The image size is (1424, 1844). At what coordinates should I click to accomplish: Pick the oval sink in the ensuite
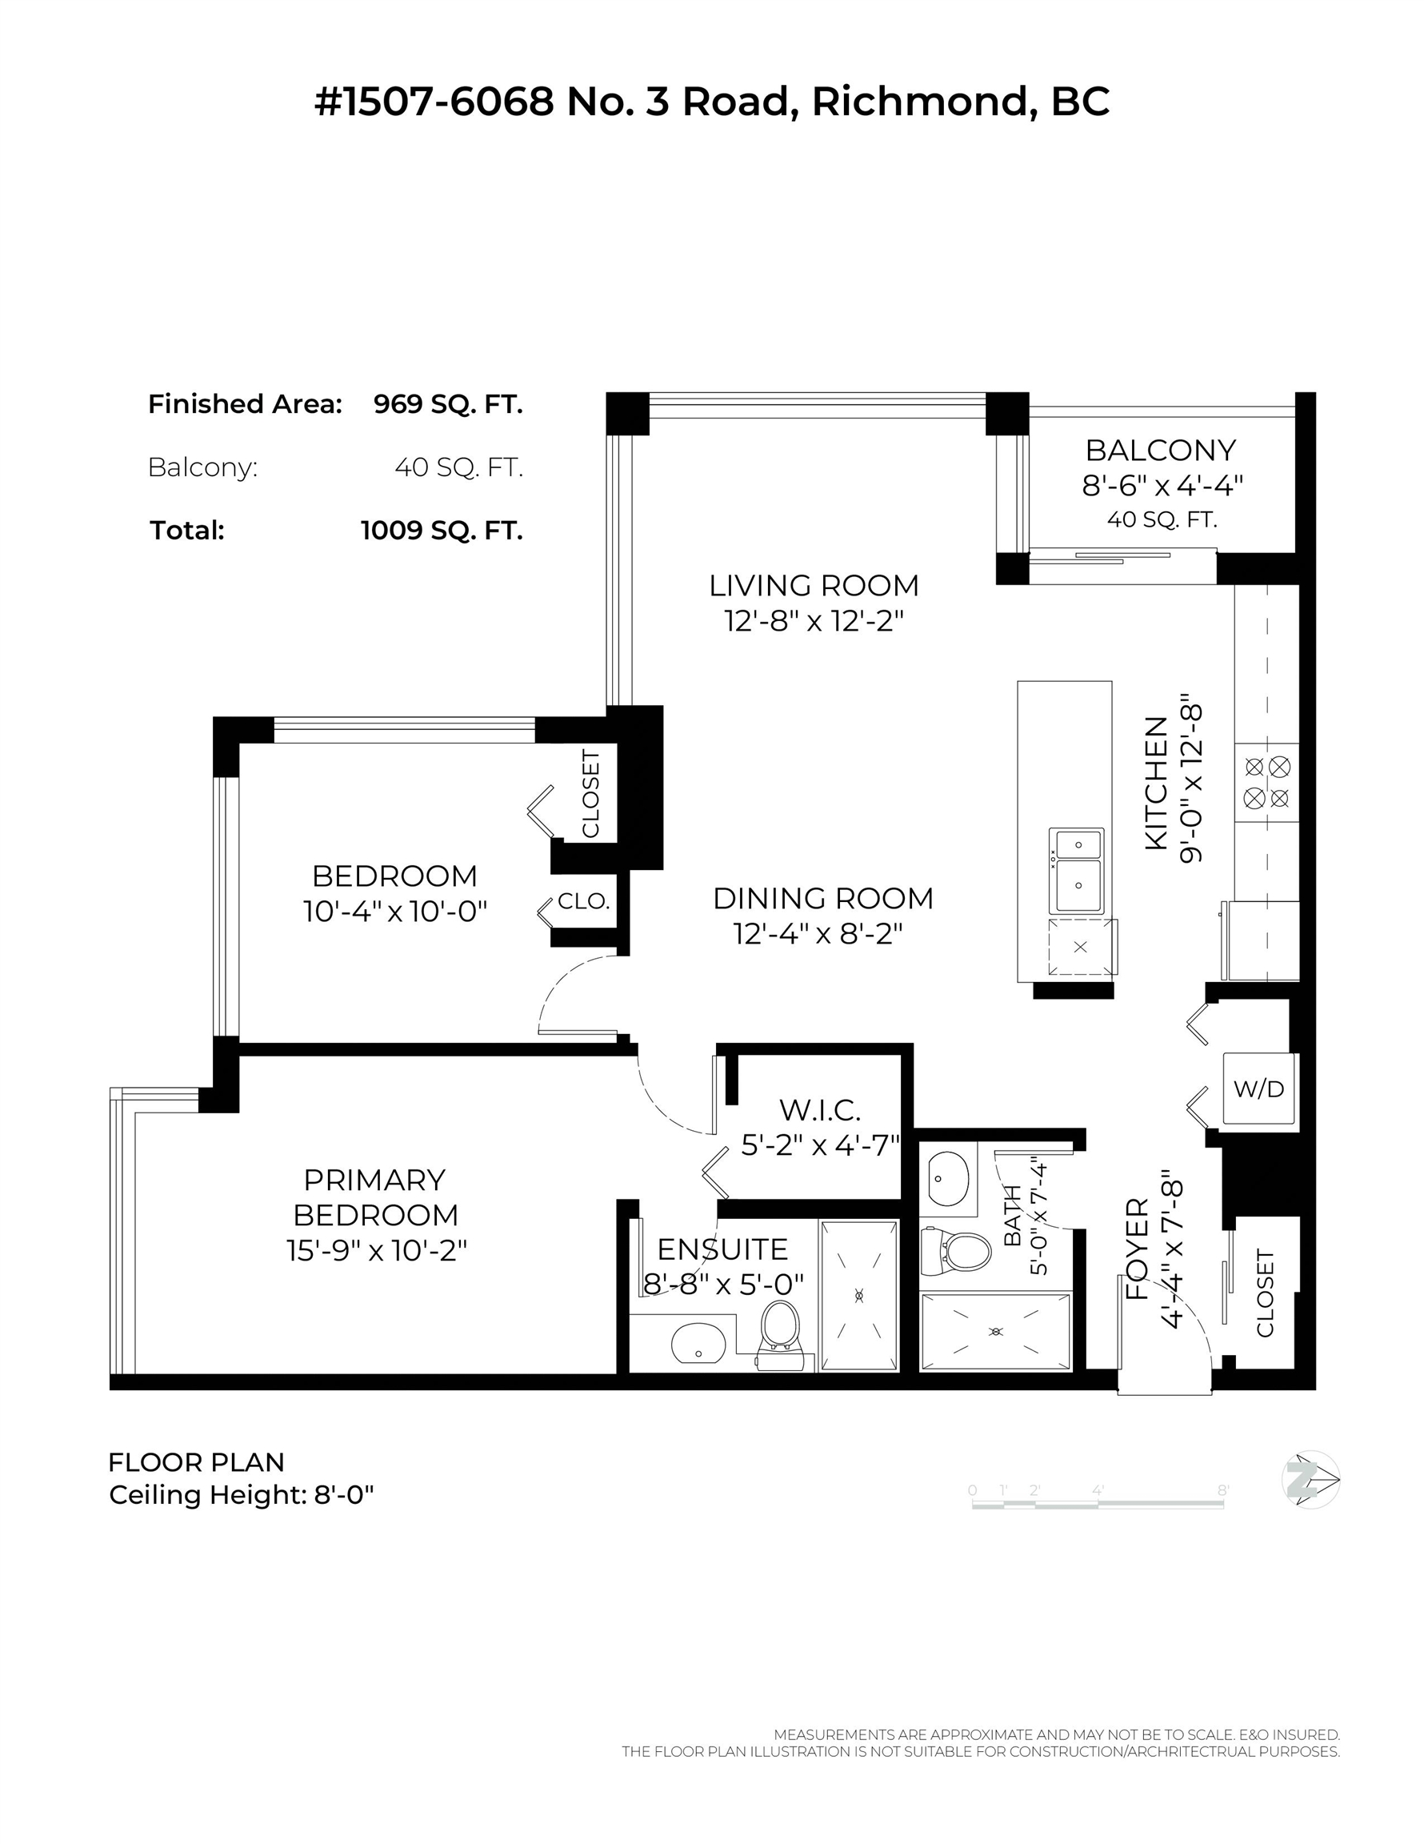point(698,1343)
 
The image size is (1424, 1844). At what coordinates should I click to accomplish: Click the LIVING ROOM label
point(814,585)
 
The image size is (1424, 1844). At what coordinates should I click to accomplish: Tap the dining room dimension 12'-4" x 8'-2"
point(818,934)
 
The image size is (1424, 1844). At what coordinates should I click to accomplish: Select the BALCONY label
point(1161,450)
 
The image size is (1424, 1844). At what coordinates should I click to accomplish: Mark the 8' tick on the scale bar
point(1223,1490)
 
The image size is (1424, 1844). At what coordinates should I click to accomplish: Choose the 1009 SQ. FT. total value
point(442,531)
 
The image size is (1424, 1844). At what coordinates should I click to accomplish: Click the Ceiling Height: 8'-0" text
point(242,1495)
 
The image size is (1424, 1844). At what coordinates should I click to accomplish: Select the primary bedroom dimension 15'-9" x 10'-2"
point(377,1249)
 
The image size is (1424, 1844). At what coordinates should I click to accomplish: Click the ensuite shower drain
point(859,1295)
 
